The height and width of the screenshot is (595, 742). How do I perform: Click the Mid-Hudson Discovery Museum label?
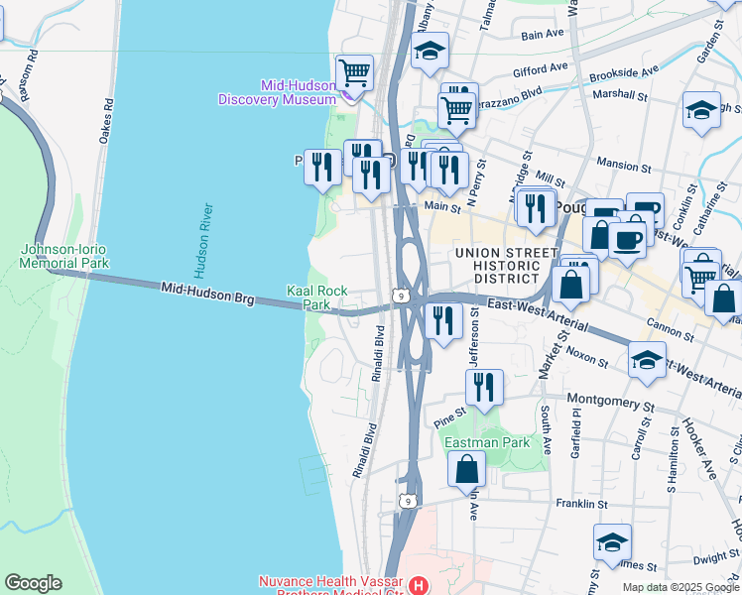[277, 92]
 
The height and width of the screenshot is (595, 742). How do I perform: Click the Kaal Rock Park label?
[316, 297]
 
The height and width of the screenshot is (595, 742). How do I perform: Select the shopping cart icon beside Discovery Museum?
[354, 72]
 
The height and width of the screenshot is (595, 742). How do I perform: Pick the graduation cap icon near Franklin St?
[613, 542]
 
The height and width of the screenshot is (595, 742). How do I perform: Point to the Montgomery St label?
[610, 406]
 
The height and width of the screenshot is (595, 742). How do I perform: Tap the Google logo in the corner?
[32, 583]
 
